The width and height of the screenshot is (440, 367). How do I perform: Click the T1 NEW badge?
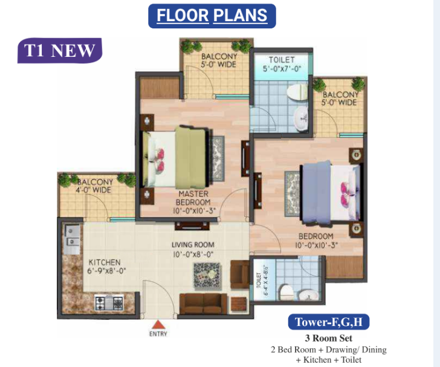pyautogui.click(x=59, y=50)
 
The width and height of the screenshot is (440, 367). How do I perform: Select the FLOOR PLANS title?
pyautogui.click(x=212, y=15)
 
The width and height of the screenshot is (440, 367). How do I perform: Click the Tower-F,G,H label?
pyautogui.click(x=328, y=322)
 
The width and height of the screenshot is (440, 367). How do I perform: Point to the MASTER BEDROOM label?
pyautogui.click(x=193, y=198)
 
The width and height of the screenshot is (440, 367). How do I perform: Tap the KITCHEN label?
pyautogui.click(x=105, y=262)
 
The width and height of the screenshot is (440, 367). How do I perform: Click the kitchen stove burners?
pyautogui.click(x=109, y=300)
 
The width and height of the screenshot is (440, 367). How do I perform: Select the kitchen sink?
pyautogui.click(x=71, y=236)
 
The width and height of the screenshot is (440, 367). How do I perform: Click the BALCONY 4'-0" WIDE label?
pyautogui.click(x=94, y=185)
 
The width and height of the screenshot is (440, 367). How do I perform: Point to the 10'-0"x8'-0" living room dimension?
pyautogui.click(x=193, y=254)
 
